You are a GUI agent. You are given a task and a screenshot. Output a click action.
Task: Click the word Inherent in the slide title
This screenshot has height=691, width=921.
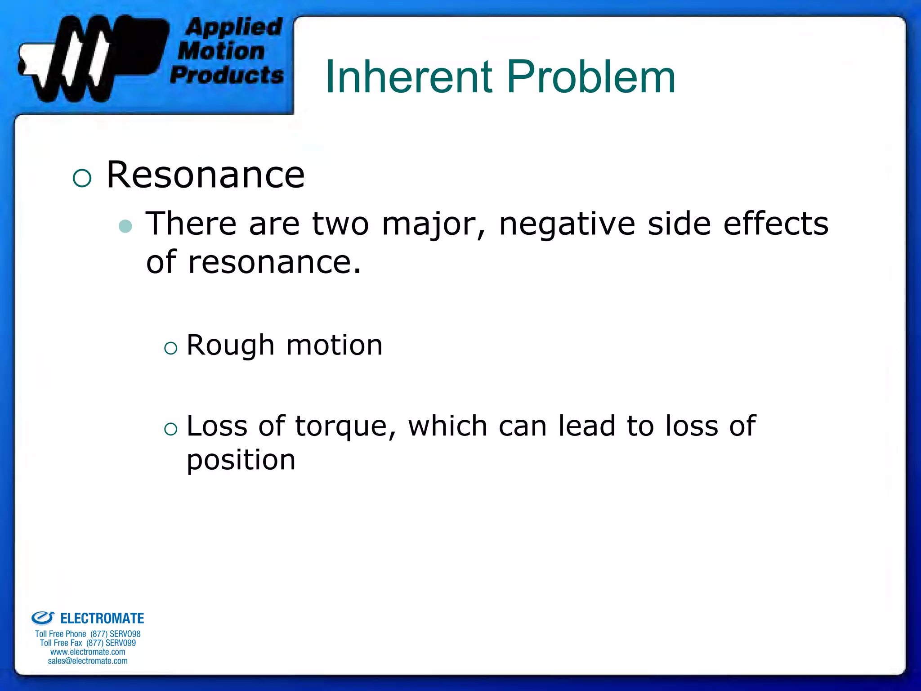[x=409, y=77]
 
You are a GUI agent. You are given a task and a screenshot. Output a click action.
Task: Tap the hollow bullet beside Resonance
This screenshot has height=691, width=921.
[x=82, y=178]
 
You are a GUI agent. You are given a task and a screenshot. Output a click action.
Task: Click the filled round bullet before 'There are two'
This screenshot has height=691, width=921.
[x=125, y=226]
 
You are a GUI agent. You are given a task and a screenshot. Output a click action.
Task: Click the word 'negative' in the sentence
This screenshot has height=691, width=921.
[x=567, y=224]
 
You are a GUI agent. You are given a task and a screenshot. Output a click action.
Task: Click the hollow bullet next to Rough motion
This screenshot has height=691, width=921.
[x=171, y=348]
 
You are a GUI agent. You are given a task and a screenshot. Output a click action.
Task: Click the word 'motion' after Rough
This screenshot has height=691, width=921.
[x=334, y=345]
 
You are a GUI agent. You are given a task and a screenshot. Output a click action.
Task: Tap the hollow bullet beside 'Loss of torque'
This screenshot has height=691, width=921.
[x=171, y=429]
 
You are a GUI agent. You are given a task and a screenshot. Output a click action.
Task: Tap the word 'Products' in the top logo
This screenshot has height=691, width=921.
[x=227, y=75]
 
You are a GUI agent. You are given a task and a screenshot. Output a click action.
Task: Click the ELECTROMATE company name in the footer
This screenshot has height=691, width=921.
[x=102, y=619]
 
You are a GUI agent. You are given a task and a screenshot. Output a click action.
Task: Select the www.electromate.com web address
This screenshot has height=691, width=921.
[x=88, y=652]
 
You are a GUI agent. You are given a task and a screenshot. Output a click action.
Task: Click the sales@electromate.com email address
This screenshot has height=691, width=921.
[x=88, y=661]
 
